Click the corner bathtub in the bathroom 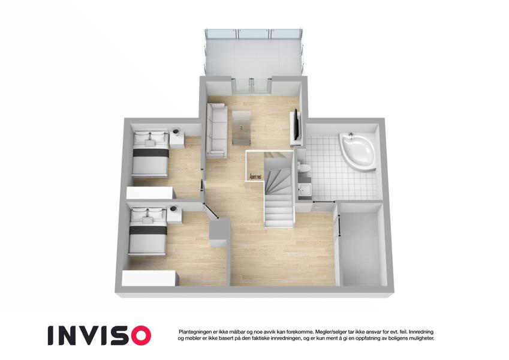358,151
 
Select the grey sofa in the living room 216,131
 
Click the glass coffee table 242,128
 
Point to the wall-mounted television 296,124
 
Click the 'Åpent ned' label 255,177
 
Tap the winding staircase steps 278,191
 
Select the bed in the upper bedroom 150,153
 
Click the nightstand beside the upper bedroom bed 177,138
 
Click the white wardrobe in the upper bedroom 151,193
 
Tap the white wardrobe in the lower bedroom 150,279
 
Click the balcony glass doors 251,86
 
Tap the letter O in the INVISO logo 140,335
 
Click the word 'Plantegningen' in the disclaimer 194,332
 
